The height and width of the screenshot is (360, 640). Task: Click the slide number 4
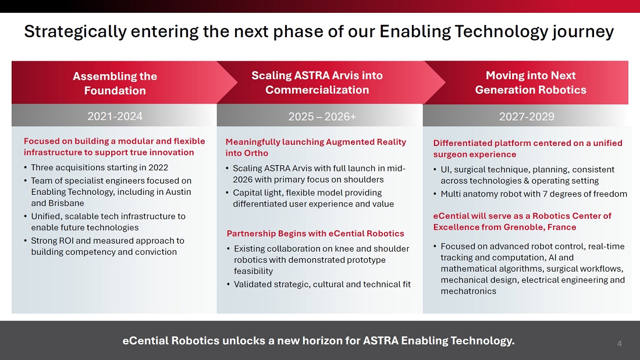point(619,344)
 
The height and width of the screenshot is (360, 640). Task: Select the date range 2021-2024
point(115,116)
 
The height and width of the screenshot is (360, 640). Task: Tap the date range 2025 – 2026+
point(322,117)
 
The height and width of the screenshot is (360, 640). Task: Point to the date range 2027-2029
point(527,117)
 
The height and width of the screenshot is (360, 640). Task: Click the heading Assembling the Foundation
point(115,83)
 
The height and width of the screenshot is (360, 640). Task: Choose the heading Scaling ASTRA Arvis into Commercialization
point(317,83)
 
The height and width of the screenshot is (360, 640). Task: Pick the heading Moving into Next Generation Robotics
point(531,83)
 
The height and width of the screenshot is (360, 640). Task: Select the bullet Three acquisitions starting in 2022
point(99,167)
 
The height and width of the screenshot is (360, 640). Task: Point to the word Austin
point(178,192)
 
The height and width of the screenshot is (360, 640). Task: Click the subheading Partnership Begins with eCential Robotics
point(315,233)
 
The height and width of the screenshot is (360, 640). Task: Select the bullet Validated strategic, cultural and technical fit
point(322,284)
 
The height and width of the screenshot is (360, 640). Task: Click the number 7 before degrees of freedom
point(545,194)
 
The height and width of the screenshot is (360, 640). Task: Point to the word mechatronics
point(468,291)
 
